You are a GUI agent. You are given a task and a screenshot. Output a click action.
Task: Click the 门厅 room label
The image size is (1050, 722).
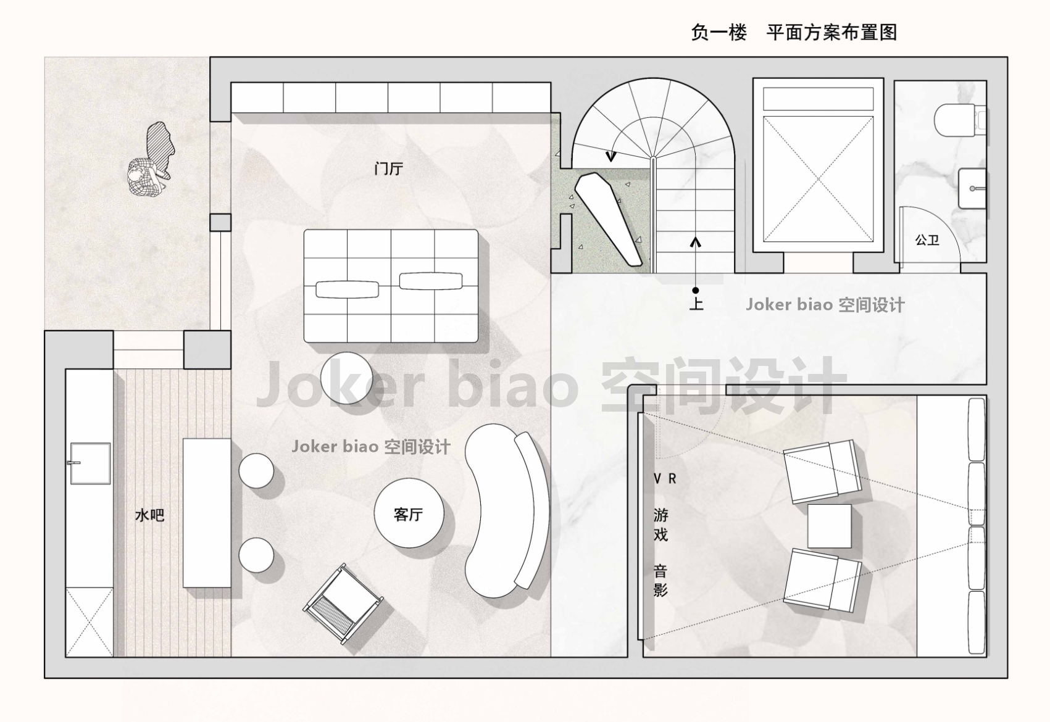pyautogui.click(x=389, y=168)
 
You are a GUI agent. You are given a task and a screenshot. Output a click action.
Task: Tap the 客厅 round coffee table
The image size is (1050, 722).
pyautogui.click(x=409, y=513)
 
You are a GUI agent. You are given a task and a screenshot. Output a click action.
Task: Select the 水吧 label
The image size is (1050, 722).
pyautogui.click(x=149, y=515)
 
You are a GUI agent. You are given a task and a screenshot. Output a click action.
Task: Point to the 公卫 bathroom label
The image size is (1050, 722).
pyautogui.click(x=927, y=240)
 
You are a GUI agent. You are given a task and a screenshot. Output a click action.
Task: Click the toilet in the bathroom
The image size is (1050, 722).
pyautogui.click(x=959, y=120)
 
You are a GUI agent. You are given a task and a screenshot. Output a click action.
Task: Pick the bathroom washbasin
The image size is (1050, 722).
pyautogui.click(x=972, y=188)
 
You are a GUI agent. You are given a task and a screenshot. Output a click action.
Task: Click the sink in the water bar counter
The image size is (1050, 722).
pyautogui.click(x=91, y=463)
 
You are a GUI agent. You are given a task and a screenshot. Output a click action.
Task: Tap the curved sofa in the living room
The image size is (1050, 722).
pyautogui.click(x=506, y=511)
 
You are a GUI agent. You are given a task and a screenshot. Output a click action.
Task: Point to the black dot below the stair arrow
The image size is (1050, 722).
pyautogui.click(x=696, y=291)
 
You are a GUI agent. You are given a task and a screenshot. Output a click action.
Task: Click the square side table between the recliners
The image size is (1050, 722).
pyautogui.click(x=829, y=526)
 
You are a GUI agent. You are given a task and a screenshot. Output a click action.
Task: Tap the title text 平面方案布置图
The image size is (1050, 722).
pyautogui.click(x=831, y=32)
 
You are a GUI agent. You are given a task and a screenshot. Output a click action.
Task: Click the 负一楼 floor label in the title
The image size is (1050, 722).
pyautogui.click(x=719, y=32)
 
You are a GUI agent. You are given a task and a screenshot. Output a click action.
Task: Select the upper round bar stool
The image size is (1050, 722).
pyautogui.click(x=256, y=470)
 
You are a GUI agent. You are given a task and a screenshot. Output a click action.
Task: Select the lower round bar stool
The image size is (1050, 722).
pyautogui.click(x=256, y=555)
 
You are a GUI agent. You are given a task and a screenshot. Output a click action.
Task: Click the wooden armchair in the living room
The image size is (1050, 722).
pyautogui.click(x=343, y=604)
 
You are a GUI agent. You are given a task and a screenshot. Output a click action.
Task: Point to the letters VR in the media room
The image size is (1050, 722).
pyautogui.click(x=665, y=478)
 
